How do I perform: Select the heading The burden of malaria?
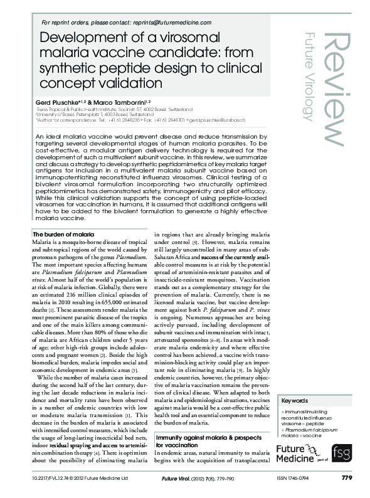coord(63,234)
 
